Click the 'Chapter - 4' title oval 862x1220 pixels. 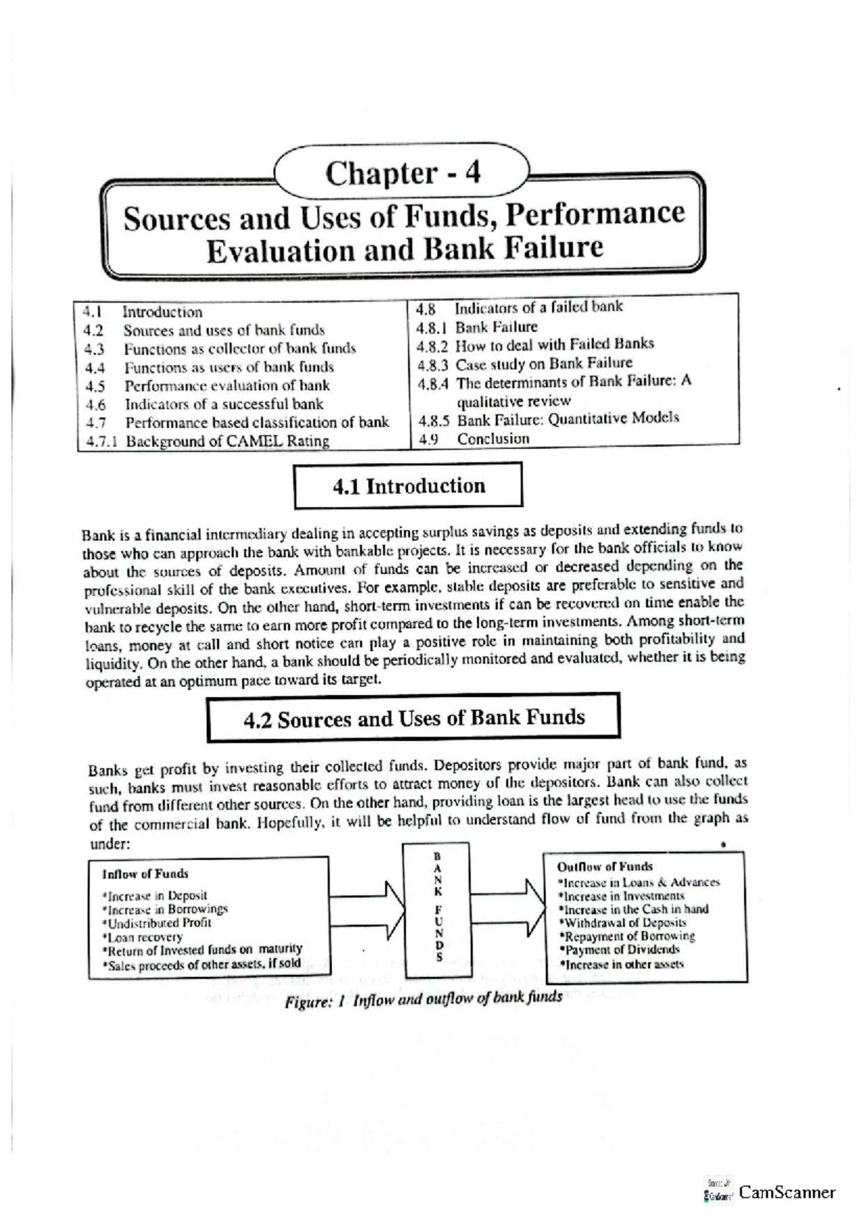[x=403, y=173]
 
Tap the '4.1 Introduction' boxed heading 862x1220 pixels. [x=408, y=486]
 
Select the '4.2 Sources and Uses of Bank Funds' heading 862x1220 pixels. [x=414, y=718]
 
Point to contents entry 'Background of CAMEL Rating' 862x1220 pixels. [x=227, y=441]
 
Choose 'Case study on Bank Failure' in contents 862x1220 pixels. [x=544, y=364]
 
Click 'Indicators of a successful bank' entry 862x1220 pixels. [x=223, y=404]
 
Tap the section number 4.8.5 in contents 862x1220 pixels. [x=433, y=420]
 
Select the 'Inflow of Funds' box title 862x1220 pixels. [x=145, y=874]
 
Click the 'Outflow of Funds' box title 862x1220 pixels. [x=605, y=867]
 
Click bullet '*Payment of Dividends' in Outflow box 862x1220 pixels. [x=618, y=950]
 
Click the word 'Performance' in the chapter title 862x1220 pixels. [x=609, y=214]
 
